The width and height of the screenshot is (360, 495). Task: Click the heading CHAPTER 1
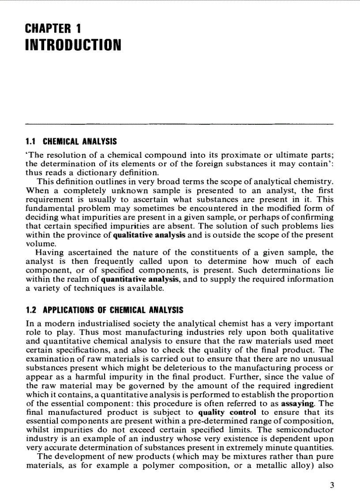[x=53, y=30]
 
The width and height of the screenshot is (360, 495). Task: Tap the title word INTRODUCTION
[x=73, y=45]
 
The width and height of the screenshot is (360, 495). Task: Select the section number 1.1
[x=30, y=142]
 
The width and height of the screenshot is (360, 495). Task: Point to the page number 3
[x=332, y=486]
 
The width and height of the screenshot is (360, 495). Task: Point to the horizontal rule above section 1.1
[x=179, y=124]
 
